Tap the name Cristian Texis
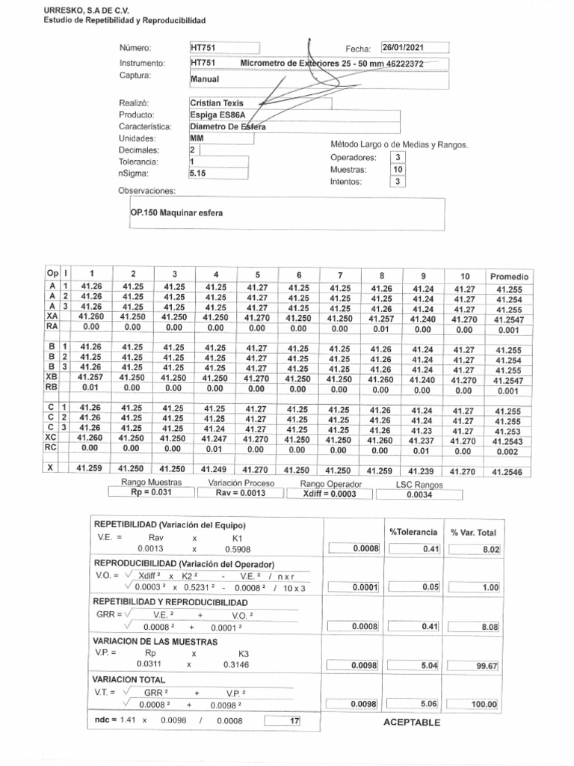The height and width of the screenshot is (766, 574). click(x=217, y=102)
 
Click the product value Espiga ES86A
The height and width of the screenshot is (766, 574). click(x=217, y=114)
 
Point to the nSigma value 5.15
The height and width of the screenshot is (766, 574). click(x=198, y=173)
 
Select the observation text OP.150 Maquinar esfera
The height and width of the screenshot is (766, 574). click(x=176, y=212)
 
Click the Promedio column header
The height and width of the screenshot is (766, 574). click(x=508, y=276)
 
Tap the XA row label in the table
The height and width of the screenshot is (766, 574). click(x=52, y=317)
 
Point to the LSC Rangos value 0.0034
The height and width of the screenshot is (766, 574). click(x=419, y=494)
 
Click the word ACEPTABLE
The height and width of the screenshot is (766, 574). click(x=411, y=722)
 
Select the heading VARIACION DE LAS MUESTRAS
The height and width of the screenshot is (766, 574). click(x=155, y=641)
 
